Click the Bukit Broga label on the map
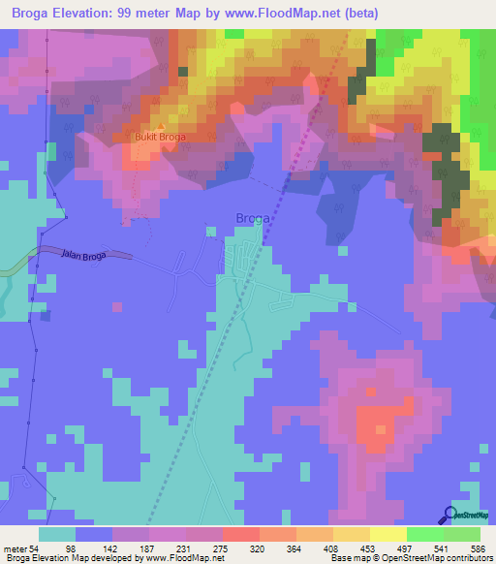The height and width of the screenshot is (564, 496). [x=158, y=137]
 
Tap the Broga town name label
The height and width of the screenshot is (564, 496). [x=253, y=218]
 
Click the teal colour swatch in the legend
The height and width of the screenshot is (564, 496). [x=57, y=534]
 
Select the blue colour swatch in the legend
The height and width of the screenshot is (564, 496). [x=94, y=534]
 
